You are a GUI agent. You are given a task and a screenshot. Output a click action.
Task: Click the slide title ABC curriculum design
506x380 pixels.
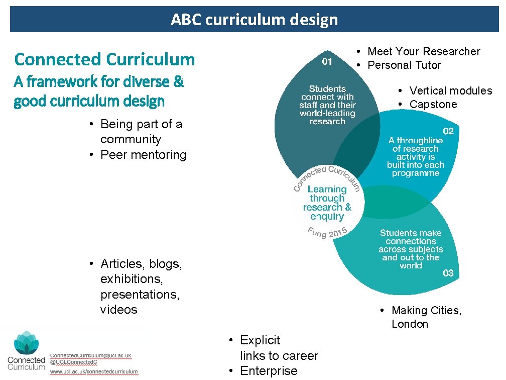[x=254, y=20]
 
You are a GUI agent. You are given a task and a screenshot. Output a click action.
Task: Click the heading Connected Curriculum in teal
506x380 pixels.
[x=104, y=59]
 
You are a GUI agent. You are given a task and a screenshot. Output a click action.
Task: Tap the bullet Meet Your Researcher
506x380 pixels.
[x=424, y=51]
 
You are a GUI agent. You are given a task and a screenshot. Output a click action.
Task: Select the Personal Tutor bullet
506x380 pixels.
[x=404, y=65]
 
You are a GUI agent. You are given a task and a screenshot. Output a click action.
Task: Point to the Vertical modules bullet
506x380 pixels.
[x=450, y=90]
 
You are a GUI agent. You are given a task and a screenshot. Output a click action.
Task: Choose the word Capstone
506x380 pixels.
[x=433, y=104]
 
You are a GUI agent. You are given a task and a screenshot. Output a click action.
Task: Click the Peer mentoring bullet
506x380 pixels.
[x=143, y=154]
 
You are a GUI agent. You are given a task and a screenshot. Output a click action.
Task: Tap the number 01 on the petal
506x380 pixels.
[x=327, y=61]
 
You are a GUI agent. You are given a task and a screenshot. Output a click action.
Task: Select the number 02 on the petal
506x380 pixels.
[x=448, y=131]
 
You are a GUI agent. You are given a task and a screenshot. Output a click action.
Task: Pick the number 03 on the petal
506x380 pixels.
[x=448, y=273]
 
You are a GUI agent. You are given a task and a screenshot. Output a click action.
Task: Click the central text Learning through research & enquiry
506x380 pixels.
[x=327, y=203]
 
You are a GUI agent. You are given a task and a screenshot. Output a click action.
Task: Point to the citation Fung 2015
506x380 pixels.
[x=326, y=233]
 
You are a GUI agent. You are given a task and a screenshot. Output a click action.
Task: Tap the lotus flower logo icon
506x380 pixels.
[x=26, y=343]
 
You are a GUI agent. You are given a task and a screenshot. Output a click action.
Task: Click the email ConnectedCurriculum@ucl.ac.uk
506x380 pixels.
[x=91, y=355]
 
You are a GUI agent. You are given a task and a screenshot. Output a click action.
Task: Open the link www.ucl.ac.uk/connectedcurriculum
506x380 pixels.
[x=94, y=372]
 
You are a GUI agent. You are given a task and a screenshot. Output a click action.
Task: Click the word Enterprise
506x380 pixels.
[x=269, y=371]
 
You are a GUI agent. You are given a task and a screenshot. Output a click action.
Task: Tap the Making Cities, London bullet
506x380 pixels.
[x=426, y=317]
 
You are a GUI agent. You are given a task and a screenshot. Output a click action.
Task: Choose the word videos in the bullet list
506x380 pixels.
[x=118, y=309]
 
